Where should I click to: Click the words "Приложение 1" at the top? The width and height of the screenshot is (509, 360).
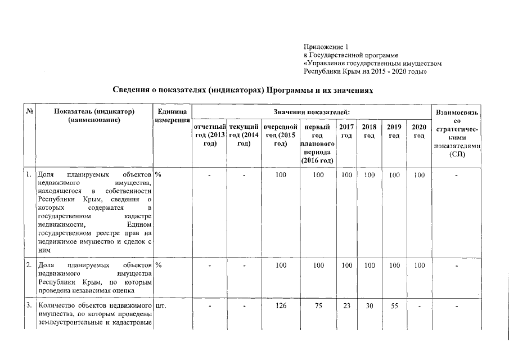326,46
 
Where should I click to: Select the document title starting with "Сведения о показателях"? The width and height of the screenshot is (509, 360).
242,90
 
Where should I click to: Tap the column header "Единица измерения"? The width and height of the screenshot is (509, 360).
172,116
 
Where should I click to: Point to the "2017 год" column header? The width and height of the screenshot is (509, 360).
347,132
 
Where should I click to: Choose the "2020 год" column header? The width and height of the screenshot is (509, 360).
418,132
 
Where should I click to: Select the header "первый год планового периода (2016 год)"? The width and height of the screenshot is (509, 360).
317,143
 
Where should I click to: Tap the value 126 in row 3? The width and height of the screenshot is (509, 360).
281,306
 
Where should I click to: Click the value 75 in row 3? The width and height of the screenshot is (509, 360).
318,306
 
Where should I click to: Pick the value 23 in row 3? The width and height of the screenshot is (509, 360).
347,306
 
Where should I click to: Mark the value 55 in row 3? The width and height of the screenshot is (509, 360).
394,306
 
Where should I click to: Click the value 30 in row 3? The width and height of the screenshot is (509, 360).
370,306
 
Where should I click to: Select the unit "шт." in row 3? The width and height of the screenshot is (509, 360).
160,306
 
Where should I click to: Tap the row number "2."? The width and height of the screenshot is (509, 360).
29,264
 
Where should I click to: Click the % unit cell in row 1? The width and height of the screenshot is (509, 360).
158,175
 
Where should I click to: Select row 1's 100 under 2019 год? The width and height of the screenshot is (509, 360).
394,175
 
